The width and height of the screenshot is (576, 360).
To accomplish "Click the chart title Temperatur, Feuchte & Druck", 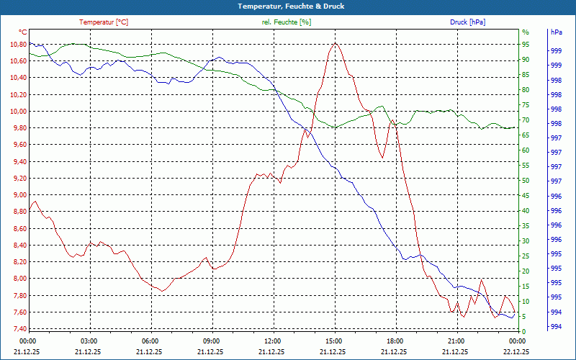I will click(288, 6).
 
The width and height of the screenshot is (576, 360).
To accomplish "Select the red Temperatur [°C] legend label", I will click(104, 22).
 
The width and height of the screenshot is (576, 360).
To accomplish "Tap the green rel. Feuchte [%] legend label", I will click(287, 22).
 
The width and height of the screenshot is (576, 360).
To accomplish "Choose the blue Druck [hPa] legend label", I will click(467, 22).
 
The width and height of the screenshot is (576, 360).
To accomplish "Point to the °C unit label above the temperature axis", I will click(22, 32).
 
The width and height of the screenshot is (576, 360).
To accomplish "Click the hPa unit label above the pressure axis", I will click(557, 32).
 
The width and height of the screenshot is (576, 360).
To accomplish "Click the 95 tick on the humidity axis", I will click(526, 44).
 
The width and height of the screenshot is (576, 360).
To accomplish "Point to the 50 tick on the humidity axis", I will click(526, 180).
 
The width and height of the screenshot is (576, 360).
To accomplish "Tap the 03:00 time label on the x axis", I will click(89, 341).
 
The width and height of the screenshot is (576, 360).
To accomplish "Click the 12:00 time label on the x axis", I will click(272, 341).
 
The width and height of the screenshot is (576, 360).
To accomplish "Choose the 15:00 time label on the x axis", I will click(333, 341).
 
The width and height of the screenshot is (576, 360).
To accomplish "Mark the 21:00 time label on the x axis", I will click(456, 341).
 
